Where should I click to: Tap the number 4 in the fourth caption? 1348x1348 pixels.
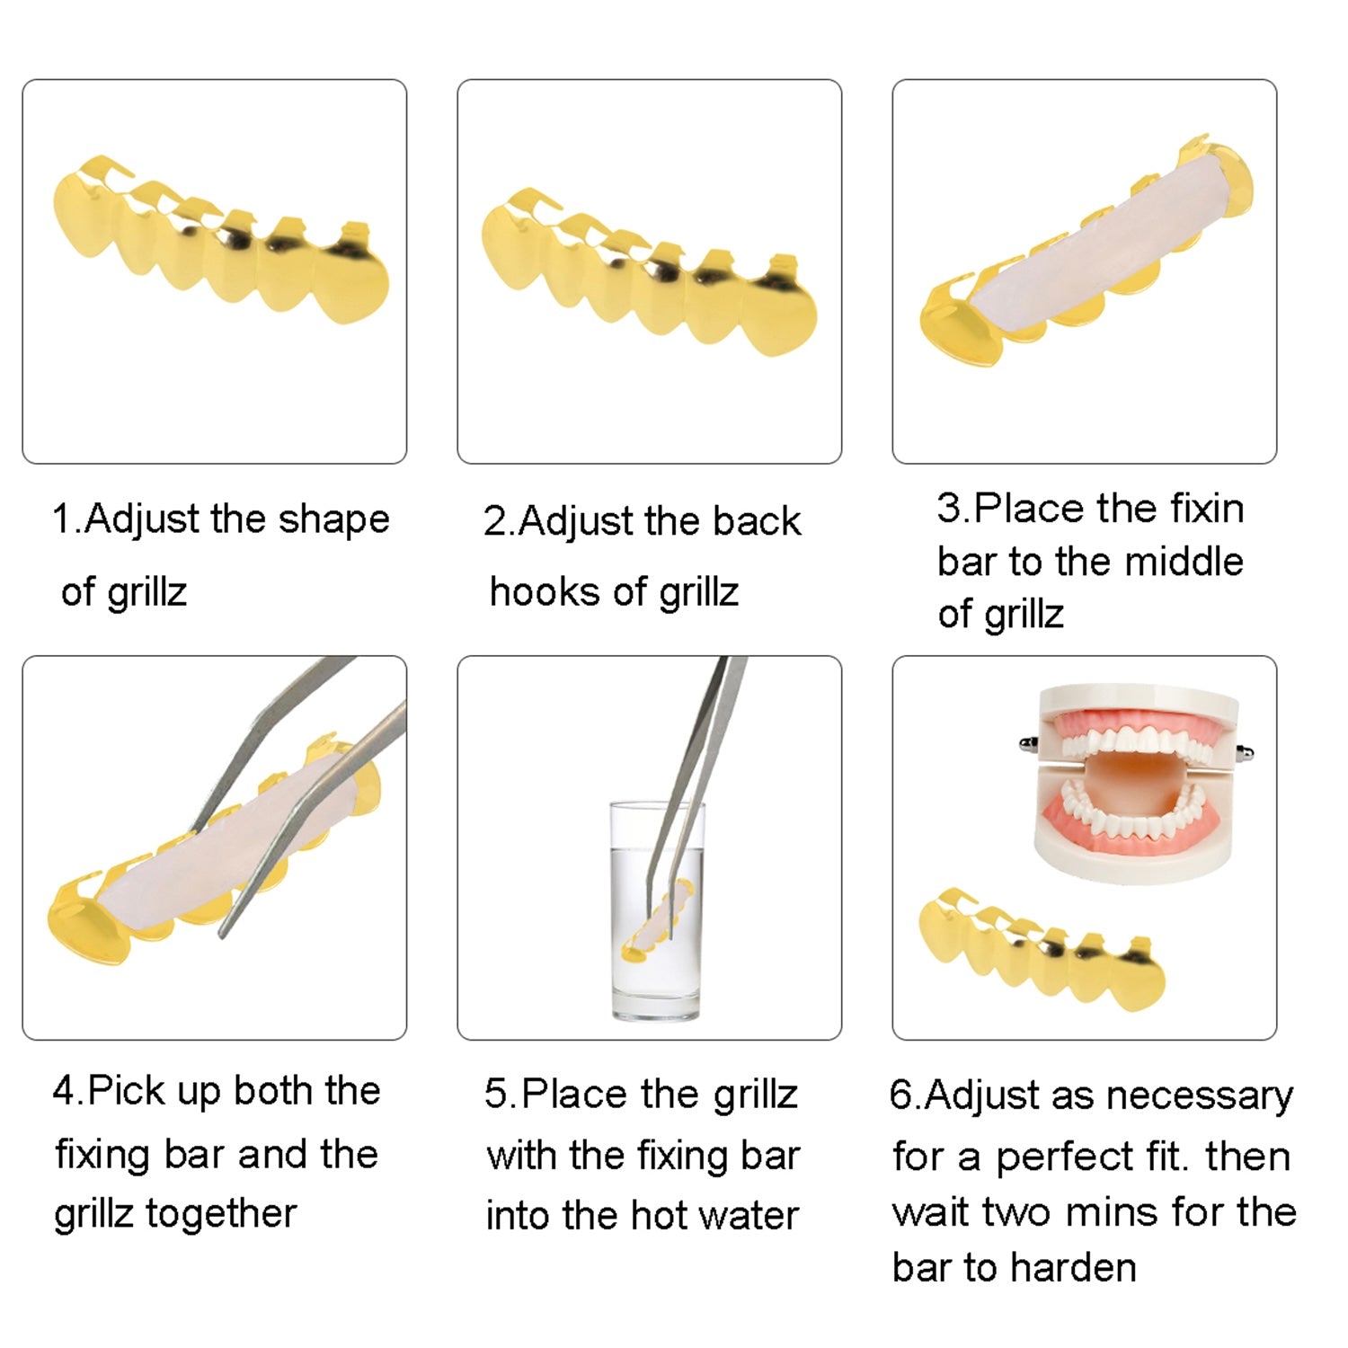point(64,1092)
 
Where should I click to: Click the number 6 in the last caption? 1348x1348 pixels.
point(900,1095)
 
